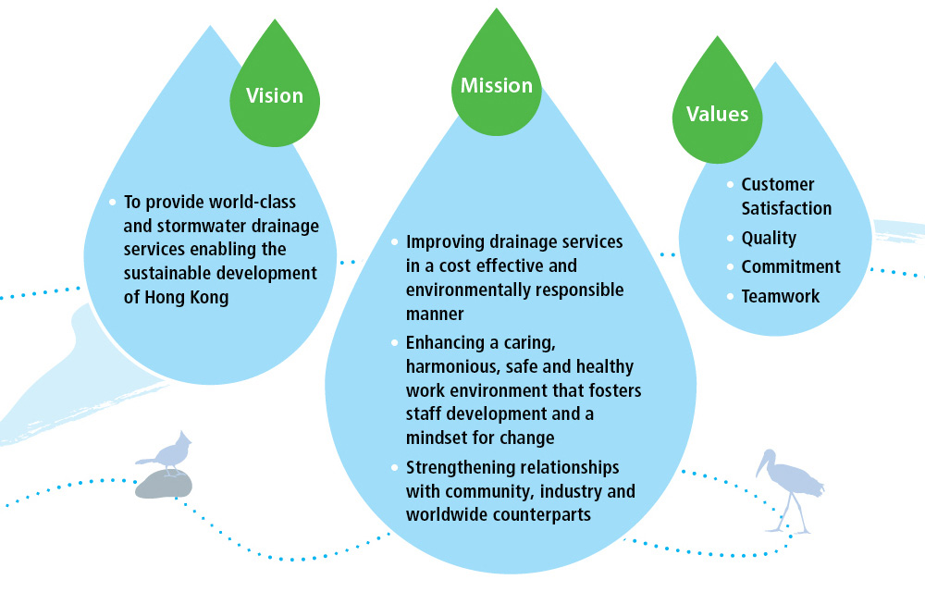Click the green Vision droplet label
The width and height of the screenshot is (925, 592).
click(274, 95)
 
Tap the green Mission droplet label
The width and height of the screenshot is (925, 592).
click(497, 86)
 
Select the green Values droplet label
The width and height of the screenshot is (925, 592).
click(717, 114)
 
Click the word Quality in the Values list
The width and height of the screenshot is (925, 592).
click(769, 238)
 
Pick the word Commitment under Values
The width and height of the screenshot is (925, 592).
click(791, 266)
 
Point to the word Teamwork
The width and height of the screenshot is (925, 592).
click(781, 296)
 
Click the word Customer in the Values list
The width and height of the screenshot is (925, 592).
click(778, 185)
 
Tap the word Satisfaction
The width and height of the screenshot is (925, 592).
click(786, 208)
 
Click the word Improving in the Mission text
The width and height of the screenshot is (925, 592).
click(446, 241)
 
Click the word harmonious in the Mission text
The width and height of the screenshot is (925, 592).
click(450, 368)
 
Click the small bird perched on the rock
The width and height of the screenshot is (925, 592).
click(166, 453)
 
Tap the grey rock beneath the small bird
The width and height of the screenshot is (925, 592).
click(164, 484)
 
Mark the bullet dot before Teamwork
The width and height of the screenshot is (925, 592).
click(731, 296)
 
